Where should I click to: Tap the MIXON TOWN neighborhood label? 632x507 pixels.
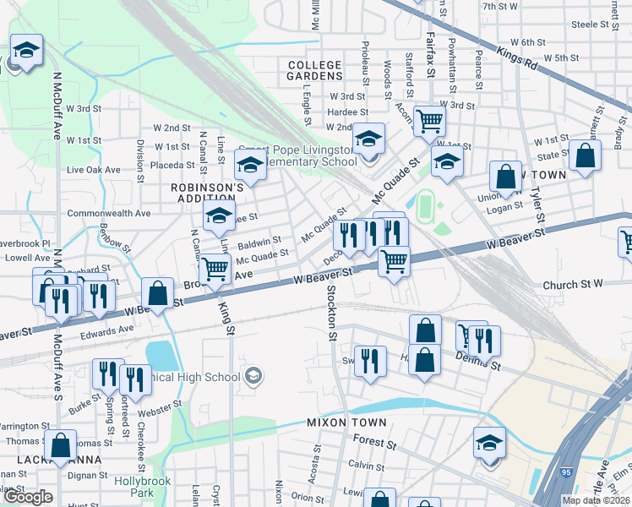point(346,422)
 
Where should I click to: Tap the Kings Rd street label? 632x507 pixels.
point(518,58)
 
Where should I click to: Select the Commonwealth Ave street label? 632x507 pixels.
point(109,213)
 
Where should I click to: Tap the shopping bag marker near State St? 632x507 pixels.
point(585,155)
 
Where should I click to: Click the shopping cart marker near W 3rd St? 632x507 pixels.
point(429,123)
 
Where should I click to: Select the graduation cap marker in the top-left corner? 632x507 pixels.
point(27,51)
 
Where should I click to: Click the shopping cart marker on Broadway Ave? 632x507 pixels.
point(215,269)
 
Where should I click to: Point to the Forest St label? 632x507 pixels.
point(368,440)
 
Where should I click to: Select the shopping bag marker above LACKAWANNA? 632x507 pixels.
point(61,445)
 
